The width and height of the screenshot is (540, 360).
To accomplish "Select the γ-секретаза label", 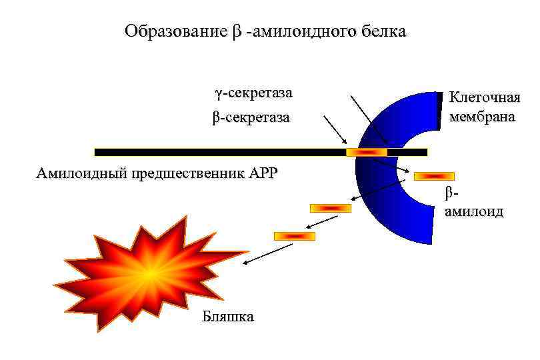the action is tap(253, 92).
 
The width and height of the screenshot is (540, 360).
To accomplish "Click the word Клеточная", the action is tap(485, 98).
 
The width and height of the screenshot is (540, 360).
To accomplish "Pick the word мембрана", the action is tap(482, 117).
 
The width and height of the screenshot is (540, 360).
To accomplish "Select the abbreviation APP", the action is tap(263, 174).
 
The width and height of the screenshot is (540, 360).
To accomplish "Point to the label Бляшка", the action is tap(227, 316).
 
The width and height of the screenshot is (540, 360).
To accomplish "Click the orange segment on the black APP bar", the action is tap(366, 153).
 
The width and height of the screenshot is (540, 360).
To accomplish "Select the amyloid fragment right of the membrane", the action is tap(434, 176).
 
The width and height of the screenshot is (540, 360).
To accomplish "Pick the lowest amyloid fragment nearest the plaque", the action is tap(294, 236).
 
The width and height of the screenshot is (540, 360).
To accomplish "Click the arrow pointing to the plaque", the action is tap(267, 254).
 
